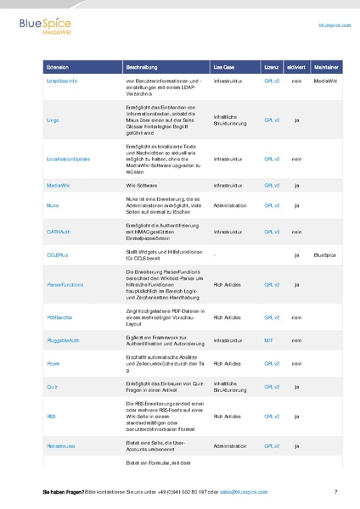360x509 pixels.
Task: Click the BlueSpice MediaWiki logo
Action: [43, 28]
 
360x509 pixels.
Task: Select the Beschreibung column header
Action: [141, 65]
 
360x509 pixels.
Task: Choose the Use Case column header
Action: [224, 65]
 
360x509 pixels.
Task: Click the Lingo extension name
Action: [53, 120]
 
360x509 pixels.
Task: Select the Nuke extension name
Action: [52, 205]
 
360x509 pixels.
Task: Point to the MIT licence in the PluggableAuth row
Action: [268, 339]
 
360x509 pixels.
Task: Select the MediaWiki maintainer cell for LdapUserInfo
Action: [325, 80]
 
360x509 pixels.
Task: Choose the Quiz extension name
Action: [52, 386]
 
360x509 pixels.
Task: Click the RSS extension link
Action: [51, 417]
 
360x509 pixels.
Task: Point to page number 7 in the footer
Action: [336, 492]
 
